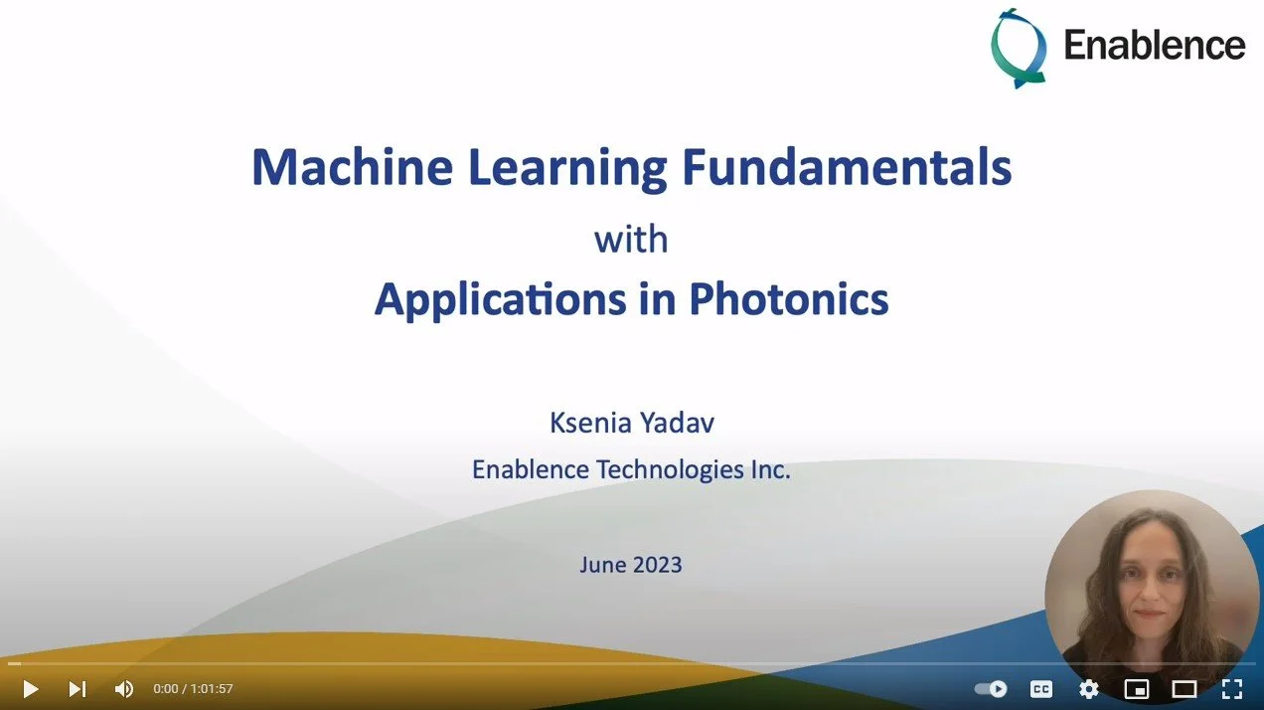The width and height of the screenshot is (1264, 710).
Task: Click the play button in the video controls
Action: click(30, 688)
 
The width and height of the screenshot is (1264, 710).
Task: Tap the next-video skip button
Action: click(78, 688)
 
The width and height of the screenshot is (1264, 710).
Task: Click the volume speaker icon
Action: click(123, 688)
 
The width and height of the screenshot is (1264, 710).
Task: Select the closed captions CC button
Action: click(1040, 688)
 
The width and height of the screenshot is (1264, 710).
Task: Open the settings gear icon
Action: click(1088, 688)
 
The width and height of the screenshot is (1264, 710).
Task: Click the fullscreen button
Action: click(1231, 688)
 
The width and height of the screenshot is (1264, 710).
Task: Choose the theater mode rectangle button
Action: click(1184, 688)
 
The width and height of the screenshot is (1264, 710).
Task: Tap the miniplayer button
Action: click(1136, 688)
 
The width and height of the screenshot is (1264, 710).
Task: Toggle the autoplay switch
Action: click(991, 688)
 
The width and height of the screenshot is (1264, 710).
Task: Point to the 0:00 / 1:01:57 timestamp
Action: click(193, 688)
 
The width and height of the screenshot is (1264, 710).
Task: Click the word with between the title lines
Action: click(631, 240)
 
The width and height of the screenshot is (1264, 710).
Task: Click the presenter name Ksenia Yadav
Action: click(631, 423)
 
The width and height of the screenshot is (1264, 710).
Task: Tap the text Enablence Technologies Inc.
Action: click(631, 469)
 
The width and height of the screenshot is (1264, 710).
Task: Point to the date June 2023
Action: click(631, 565)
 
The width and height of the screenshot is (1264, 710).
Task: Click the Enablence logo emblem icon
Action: click(1019, 47)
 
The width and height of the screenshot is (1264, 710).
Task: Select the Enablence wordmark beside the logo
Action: click(1154, 45)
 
